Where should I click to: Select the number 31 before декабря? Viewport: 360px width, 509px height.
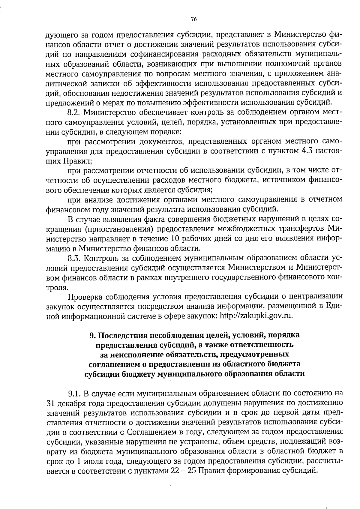point(50,403)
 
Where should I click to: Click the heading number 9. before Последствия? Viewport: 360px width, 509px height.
point(93,335)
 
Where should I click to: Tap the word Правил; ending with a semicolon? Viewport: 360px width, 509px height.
point(77,161)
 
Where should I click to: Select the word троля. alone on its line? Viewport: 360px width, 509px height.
point(56,287)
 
